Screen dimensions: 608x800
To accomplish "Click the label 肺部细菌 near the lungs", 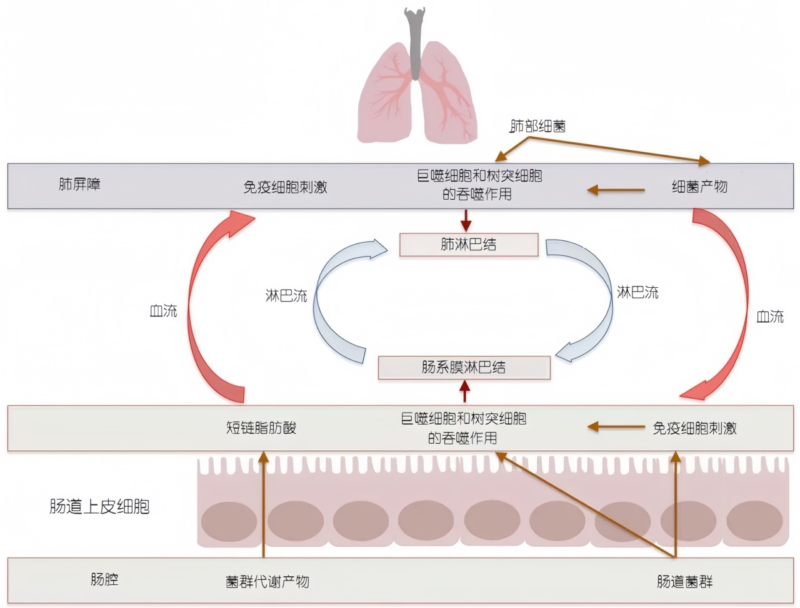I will pos(537,126).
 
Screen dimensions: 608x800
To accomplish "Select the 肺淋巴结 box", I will pos(469,245).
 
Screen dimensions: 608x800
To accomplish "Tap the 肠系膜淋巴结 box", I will pos(464,368).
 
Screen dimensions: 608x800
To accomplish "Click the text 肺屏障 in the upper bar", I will pos(79,184).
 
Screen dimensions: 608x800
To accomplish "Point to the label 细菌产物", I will pos(699,187).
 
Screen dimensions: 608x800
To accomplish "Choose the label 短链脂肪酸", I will pos(261,428).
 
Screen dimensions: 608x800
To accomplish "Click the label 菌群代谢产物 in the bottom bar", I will pos(267,582).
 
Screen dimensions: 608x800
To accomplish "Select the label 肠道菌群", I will pos(684,582).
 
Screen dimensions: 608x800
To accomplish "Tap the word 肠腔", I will pos(104,579).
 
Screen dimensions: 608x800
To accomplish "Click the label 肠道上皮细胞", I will pos(100,506).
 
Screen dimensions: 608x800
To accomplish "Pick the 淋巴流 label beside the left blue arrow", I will pos(286,296).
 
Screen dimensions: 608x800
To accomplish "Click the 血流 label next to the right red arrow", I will pos(769,316).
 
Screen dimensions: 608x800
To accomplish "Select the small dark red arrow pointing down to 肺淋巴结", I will pos(465,220).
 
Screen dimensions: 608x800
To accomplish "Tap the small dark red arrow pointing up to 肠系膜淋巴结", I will pos(464,391).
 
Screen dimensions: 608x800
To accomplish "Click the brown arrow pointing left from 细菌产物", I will pos(616,190).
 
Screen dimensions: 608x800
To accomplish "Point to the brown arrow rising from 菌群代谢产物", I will pos(263,506).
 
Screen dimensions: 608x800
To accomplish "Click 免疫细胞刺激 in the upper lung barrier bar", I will pos(285,187).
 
